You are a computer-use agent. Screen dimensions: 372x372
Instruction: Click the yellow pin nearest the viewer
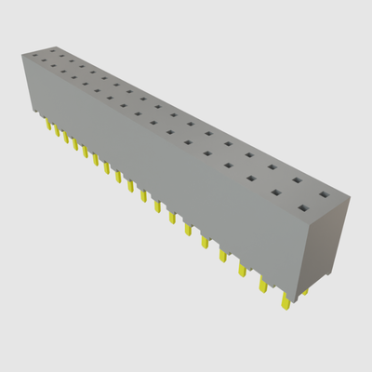tap(285, 302)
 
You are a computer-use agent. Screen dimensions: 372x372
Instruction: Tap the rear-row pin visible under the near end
tap(304, 291)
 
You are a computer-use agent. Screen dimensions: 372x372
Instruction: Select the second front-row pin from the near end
tap(262, 286)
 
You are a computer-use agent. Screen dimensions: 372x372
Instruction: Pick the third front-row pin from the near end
tap(242, 270)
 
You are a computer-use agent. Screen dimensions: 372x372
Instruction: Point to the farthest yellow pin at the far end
tap(47, 122)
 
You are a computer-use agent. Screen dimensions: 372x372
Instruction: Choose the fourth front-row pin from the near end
tap(223, 256)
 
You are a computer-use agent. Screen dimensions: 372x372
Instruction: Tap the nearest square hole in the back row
tap(324, 195)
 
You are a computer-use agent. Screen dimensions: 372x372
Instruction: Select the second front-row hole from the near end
tap(276, 193)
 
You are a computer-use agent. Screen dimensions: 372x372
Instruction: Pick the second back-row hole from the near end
tap(297, 180)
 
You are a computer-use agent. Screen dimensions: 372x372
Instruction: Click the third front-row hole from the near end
tap(253, 178)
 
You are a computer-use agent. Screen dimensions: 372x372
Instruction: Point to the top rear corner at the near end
tap(352, 198)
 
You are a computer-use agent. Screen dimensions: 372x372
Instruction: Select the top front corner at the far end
tap(20, 55)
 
